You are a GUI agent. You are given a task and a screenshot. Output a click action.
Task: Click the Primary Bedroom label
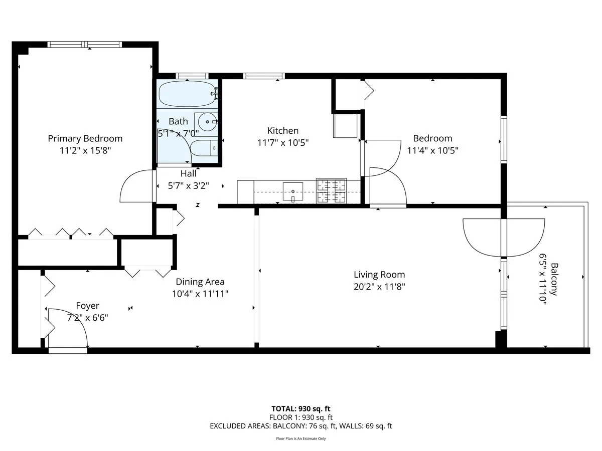coord(85,138)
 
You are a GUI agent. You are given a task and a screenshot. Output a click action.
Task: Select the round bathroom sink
coord(206,122)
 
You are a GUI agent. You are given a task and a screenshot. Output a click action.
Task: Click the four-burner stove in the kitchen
coord(331,191)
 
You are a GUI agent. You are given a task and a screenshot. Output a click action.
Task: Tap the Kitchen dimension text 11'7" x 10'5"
coord(282,142)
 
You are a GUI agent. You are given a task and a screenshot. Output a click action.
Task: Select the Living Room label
coord(379,275)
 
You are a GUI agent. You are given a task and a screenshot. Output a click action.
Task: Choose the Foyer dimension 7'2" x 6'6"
coord(88,317)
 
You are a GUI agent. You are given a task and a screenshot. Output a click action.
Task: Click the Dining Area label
coord(200,282)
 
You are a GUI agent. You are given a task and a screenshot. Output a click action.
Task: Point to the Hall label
coord(189,173)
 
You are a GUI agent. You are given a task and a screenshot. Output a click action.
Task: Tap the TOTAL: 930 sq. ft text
coord(300,408)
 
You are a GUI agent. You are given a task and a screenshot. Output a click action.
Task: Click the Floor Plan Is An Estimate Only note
coord(300,438)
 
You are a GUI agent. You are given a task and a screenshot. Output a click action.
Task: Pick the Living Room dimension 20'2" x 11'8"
coord(379,287)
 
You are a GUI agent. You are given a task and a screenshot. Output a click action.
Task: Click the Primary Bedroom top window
coord(85,45)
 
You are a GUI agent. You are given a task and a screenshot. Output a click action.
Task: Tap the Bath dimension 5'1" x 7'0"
coord(178,133)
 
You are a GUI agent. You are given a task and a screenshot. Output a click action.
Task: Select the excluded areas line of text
coord(300,426)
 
